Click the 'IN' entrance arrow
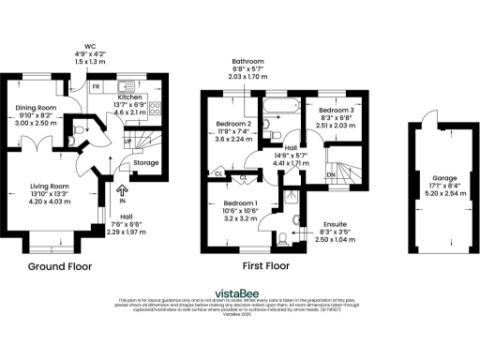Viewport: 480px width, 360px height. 122,193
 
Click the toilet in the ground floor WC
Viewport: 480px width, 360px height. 80,129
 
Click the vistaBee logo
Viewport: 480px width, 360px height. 239,291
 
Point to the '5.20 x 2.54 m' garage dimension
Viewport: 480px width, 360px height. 444,193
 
